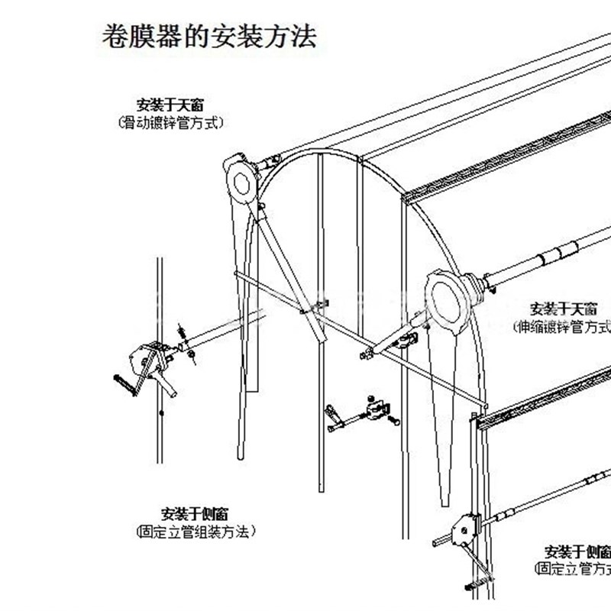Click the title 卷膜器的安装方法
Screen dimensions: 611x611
(209, 37)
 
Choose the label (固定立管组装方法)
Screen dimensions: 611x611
(194, 531)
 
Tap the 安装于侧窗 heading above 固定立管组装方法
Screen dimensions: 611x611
(194, 513)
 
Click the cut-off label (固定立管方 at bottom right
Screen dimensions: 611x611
(573, 569)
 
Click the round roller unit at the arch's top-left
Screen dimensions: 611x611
(242, 181)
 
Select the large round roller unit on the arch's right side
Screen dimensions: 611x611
(445, 299)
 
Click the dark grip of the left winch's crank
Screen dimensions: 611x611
(124, 385)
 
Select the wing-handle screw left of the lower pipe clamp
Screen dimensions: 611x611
(335, 417)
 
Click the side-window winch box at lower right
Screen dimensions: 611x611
(465, 529)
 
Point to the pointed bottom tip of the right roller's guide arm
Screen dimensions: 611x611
(445, 500)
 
